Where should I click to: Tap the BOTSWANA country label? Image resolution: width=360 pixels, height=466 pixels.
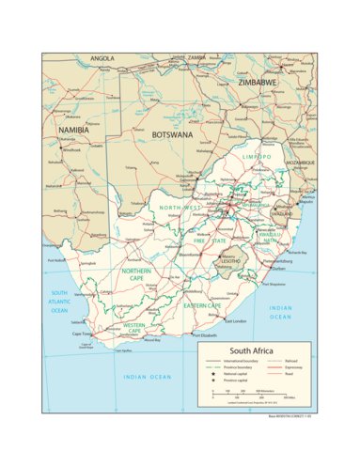(172, 134)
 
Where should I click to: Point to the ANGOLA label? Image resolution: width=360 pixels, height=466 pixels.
(102, 58)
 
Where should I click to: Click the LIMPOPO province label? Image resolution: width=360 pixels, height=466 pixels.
(256, 157)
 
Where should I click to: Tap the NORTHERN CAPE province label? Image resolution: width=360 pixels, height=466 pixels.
(140, 275)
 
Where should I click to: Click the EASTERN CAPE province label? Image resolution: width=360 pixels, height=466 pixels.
(201, 305)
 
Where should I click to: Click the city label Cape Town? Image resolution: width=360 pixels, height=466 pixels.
(82, 333)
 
